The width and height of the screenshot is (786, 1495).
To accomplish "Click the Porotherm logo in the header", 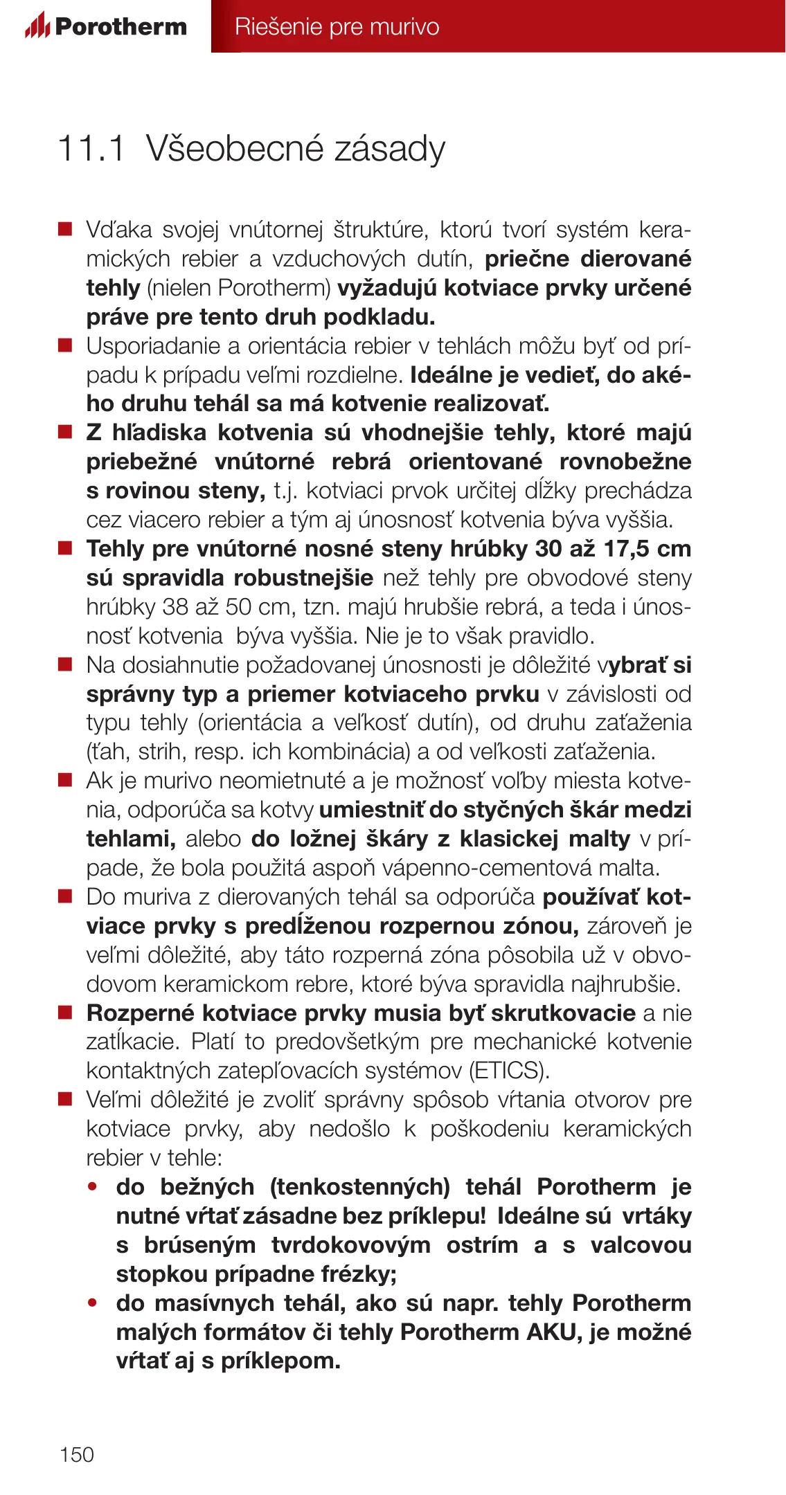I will [106, 26].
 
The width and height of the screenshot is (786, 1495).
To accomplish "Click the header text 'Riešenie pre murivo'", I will [337, 26].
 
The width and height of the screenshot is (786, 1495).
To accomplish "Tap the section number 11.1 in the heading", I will [91, 148].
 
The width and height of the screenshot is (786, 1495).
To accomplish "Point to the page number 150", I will [76, 1454].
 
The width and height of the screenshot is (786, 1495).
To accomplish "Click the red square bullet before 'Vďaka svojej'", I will [65, 229].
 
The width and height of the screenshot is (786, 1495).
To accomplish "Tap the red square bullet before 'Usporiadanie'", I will [65, 345].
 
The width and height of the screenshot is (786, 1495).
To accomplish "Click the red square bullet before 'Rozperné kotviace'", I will [65, 1013].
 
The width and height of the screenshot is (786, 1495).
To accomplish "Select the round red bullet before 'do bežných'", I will [93, 1187].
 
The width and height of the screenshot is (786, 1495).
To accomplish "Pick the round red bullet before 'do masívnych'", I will [93, 1303].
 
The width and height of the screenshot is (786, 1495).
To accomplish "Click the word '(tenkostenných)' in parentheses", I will [360, 1187].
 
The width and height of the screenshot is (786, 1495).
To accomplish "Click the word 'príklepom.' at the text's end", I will [280, 1361].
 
